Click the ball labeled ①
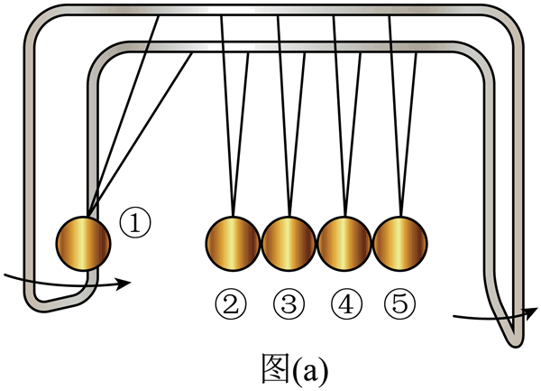point(84,243)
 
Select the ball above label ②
point(233,243)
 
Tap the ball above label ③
point(289,243)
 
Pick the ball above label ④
point(344,243)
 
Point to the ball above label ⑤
point(399,243)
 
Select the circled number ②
point(233,304)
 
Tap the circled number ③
point(289,304)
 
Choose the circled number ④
point(344,304)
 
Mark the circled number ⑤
point(399,304)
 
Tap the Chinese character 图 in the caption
point(268,367)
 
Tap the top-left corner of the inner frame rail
point(100,58)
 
